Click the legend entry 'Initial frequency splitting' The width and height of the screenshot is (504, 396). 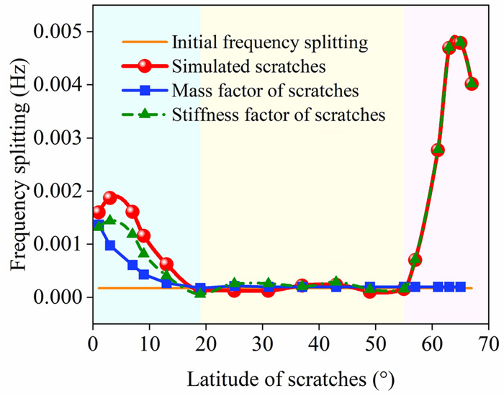(x=271, y=42)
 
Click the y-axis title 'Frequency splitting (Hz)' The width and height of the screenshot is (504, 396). (x=17, y=164)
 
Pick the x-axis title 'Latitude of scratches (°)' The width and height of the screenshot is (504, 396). (x=291, y=377)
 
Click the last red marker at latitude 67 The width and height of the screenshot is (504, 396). (x=472, y=84)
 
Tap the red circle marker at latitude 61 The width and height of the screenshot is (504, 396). (x=438, y=150)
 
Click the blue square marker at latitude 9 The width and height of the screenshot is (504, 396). (x=144, y=274)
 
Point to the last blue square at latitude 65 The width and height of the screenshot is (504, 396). (x=460, y=287)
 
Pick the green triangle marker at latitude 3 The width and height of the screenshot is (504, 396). (x=110, y=220)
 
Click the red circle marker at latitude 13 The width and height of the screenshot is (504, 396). (x=166, y=264)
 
